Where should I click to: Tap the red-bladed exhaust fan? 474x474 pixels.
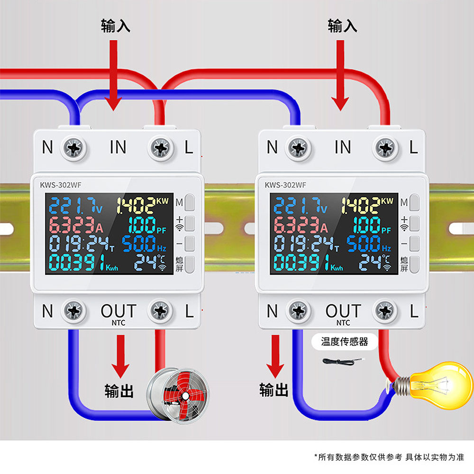[x=178, y=394]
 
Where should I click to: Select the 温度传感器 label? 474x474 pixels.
[x=344, y=342]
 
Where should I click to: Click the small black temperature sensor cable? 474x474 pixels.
[x=343, y=361]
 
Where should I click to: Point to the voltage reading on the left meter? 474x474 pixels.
[x=75, y=206]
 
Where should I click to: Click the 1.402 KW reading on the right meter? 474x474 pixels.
[x=367, y=205]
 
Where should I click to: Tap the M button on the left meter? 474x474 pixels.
[x=190, y=202]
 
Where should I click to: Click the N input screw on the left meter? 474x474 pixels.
[x=74, y=148]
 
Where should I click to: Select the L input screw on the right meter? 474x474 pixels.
[x=385, y=148]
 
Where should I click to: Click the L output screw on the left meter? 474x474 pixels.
[x=160, y=310]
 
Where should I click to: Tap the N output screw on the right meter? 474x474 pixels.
[x=299, y=310]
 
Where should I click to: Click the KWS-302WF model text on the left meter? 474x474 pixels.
[x=61, y=185]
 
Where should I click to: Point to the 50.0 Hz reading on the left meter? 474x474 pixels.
[x=144, y=244]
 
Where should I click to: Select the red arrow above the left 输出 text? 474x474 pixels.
[x=120, y=356]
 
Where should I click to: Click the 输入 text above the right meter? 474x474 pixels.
[x=343, y=26]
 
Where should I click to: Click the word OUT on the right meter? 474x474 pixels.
[x=343, y=311]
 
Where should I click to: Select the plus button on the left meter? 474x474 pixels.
[x=190, y=223]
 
